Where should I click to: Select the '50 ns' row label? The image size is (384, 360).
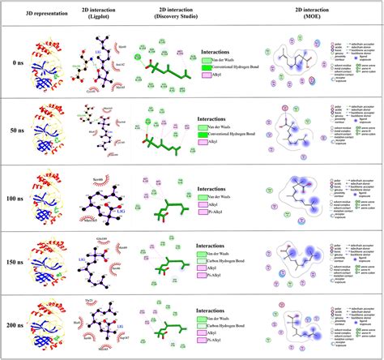pos(10,130)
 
